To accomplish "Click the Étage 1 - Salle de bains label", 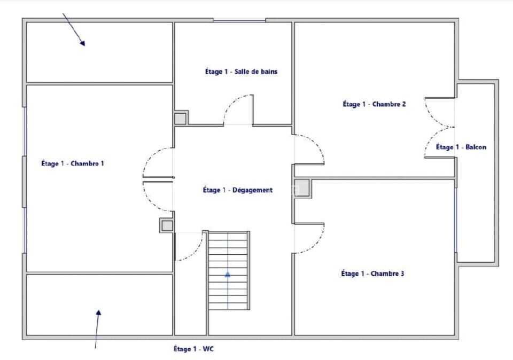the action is click(241, 72).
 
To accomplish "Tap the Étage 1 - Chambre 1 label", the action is click(73, 163).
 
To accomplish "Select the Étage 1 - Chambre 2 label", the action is click(374, 104).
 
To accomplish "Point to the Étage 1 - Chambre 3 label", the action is click(372, 273).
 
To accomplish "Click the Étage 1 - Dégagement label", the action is click(237, 190).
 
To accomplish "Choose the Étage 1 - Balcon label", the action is click(461, 147).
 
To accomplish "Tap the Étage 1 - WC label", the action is click(193, 349).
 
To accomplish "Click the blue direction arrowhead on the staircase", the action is click(228, 275).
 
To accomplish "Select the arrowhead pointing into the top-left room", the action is click(82, 43).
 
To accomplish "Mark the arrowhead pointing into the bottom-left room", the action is click(98, 313).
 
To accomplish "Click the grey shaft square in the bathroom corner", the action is click(180, 119).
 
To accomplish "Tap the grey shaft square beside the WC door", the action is click(167, 225).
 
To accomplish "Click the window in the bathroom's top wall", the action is click(239, 21).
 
